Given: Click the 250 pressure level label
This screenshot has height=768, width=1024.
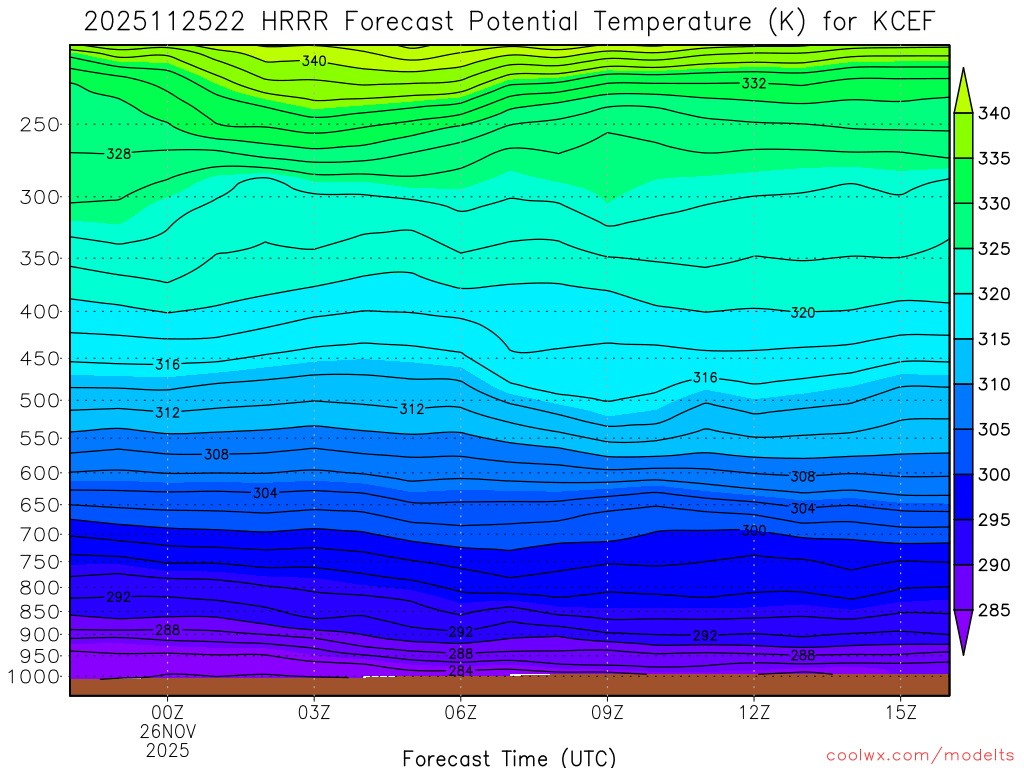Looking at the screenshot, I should click(39, 125).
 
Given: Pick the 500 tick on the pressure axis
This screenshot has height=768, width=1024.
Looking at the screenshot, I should click(39, 401).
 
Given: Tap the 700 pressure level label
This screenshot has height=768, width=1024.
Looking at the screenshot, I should click(39, 535).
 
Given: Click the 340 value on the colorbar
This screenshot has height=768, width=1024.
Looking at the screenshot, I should click(994, 113).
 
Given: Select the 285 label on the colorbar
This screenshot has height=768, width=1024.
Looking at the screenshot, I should click(994, 610).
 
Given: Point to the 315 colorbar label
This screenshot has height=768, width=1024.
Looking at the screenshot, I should click(994, 339).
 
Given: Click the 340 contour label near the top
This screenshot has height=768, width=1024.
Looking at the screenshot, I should click(314, 61).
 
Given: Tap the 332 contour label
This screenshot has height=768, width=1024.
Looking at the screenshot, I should click(754, 84).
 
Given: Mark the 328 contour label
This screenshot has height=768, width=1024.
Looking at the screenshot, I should click(119, 154).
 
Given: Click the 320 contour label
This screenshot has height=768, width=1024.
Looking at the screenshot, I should click(802, 313).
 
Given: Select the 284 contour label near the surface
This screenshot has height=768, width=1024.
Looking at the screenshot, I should click(461, 670).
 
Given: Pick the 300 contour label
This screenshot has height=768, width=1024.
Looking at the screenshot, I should click(754, 530).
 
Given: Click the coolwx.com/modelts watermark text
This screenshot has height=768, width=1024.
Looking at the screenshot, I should click(919, 756).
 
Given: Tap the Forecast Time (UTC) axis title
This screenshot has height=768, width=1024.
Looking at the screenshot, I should click(509, 757).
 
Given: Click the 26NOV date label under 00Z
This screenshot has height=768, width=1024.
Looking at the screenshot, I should click(167, 730).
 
